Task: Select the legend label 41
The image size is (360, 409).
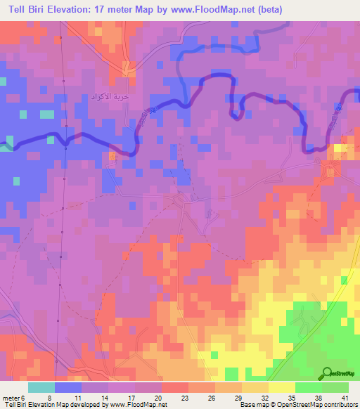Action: (344, 397)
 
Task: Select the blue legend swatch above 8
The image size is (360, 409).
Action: (68, 387)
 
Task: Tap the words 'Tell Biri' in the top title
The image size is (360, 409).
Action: (27, 9)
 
